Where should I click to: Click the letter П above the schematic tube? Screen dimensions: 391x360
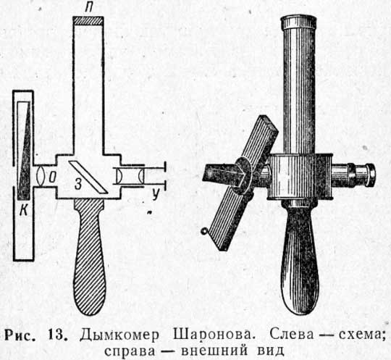click(88, 8)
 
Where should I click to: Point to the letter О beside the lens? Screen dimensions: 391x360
click(52, 178)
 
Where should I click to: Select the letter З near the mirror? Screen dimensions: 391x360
click(78, 185)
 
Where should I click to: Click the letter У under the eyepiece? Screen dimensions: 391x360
click(156, 194)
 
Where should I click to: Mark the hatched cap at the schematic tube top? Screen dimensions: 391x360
click(88, 21)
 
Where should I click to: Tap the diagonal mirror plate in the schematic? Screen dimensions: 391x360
click(88, 177)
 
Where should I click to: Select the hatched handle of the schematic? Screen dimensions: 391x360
click(89, 257)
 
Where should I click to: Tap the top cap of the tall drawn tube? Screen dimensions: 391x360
click(299, 22)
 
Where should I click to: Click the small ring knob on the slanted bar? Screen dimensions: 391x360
click(203, 231)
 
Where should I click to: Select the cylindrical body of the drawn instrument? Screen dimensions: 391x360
click(300, 176)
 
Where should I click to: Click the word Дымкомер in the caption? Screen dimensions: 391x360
click(119, 335)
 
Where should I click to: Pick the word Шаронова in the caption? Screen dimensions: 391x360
click(212, 335)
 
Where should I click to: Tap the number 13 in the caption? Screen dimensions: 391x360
click(58, 335)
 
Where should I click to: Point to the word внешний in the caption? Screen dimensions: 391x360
click(215, 351)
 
